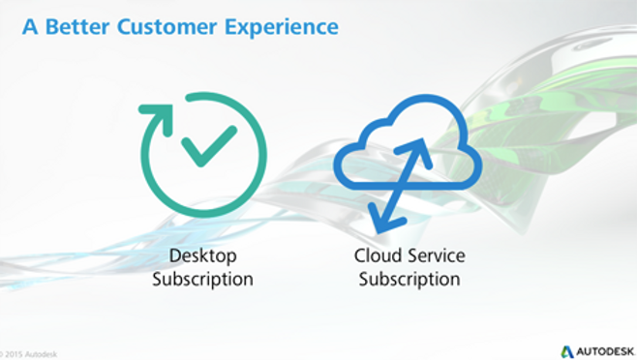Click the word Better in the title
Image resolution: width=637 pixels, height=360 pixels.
tap(76, 26)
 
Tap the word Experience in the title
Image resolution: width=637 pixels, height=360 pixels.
tap(282, 26)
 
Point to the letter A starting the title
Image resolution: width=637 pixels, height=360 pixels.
tap(29, 26)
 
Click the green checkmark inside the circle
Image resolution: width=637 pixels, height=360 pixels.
tap(208, 145)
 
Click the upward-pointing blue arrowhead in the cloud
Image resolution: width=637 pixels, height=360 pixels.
tap(421, 147)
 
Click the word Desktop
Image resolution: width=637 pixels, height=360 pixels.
tap(202, 256)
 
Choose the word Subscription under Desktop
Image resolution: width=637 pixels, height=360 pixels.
tap(202, 280)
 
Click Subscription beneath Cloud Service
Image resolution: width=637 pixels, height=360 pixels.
tap(409, 280)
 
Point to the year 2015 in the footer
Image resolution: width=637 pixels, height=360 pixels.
tap(14, 354)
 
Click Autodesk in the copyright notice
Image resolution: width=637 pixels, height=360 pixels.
tap(42, 354)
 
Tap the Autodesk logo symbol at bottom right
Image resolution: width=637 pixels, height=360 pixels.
tap(567, 350)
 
